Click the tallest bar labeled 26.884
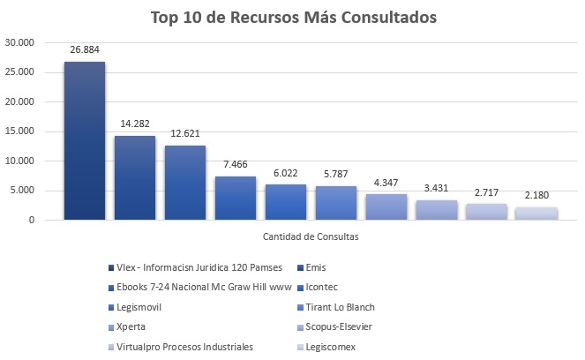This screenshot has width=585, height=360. click(x=85, y=141)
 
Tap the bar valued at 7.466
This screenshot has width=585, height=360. click(x=236, y=198)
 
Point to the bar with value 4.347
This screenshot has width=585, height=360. click(x=386, y=206)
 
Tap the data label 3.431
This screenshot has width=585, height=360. click(x=437, y=191)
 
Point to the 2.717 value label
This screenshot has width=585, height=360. click(x=487, y=194)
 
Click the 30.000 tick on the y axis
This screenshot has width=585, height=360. click(x=19, y=42)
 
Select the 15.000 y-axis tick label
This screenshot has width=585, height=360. click(x=19, y=131)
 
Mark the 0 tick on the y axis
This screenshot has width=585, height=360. click(x=30, y=220)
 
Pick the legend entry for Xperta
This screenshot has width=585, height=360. click(x=131, y=326)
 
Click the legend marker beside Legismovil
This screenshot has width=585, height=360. click(x=109, y=307)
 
